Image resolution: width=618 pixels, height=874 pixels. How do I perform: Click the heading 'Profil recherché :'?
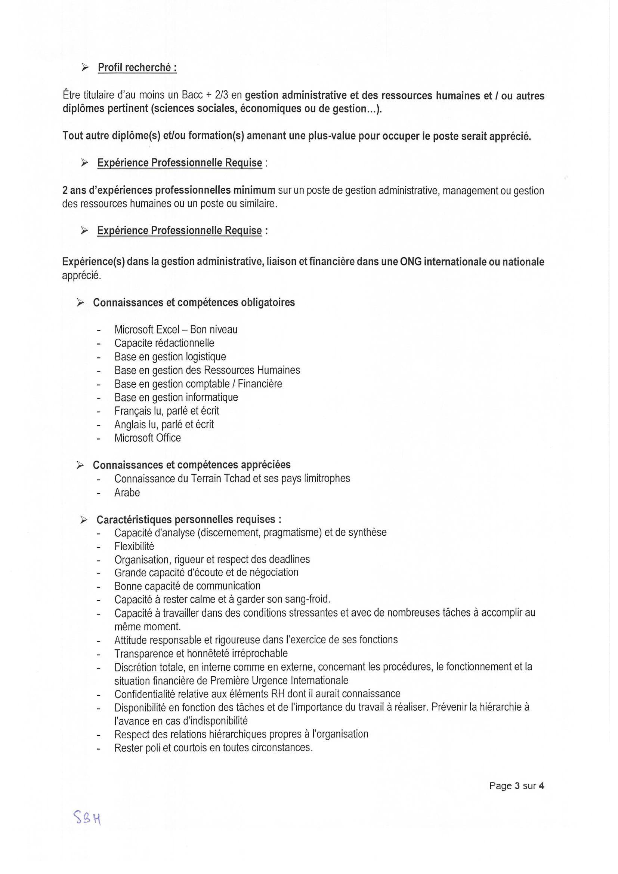[137, 67]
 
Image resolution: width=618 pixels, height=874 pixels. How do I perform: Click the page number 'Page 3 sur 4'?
[516, 786]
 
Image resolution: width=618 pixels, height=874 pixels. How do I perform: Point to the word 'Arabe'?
[127, 493]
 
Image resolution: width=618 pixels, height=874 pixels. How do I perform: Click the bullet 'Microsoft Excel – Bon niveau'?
[176, 329]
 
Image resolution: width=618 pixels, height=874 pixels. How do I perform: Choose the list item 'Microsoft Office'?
[148, 438]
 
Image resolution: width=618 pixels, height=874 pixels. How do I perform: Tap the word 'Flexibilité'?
[135, 546]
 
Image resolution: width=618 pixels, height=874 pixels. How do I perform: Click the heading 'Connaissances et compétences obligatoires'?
[194, 302]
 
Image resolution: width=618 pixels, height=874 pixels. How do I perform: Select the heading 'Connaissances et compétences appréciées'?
[191, 465]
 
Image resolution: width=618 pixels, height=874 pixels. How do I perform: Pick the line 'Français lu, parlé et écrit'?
[167, 411]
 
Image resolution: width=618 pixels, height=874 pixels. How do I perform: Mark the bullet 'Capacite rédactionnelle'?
[164, 343]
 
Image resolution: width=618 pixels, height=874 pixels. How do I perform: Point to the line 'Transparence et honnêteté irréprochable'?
[201, 653]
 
